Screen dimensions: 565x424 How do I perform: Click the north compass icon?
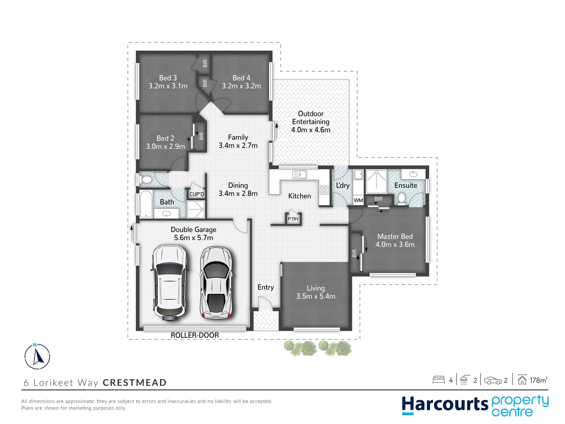pos(37,356)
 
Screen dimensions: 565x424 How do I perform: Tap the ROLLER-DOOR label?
pos(195,335)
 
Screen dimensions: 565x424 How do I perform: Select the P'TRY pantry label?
pos(293,219)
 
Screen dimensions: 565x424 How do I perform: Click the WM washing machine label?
pos(358,200)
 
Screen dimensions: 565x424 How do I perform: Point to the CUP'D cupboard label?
pos(197,194)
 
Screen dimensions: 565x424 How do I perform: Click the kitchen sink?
pos(299,174)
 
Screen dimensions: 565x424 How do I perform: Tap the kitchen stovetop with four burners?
pos(324,190)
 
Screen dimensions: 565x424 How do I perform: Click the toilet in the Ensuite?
pos(401,198)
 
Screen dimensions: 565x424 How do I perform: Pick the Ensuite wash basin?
pos(413,174)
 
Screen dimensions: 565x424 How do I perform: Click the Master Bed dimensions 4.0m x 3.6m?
pos(395,245)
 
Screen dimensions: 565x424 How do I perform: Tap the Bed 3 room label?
pos(168,78)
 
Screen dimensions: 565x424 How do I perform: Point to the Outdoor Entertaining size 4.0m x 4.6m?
pos(311,130)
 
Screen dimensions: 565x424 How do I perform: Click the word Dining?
pos(238,185)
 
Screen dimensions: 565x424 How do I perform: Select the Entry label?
pos(266,287)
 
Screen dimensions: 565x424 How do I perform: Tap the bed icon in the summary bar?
pos(438,380)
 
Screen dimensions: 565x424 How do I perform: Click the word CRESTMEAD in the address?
pos(135,383)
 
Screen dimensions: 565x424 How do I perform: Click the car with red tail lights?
pos(216,283)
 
